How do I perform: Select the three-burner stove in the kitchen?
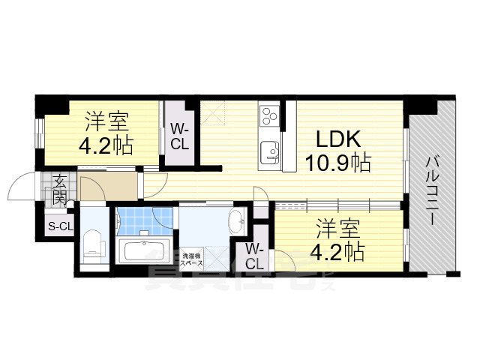point(269,115)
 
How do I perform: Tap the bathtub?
point(144,251)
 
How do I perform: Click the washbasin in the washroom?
point(235,222)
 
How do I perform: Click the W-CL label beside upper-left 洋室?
point(179,136)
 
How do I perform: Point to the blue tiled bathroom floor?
point(145,221)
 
